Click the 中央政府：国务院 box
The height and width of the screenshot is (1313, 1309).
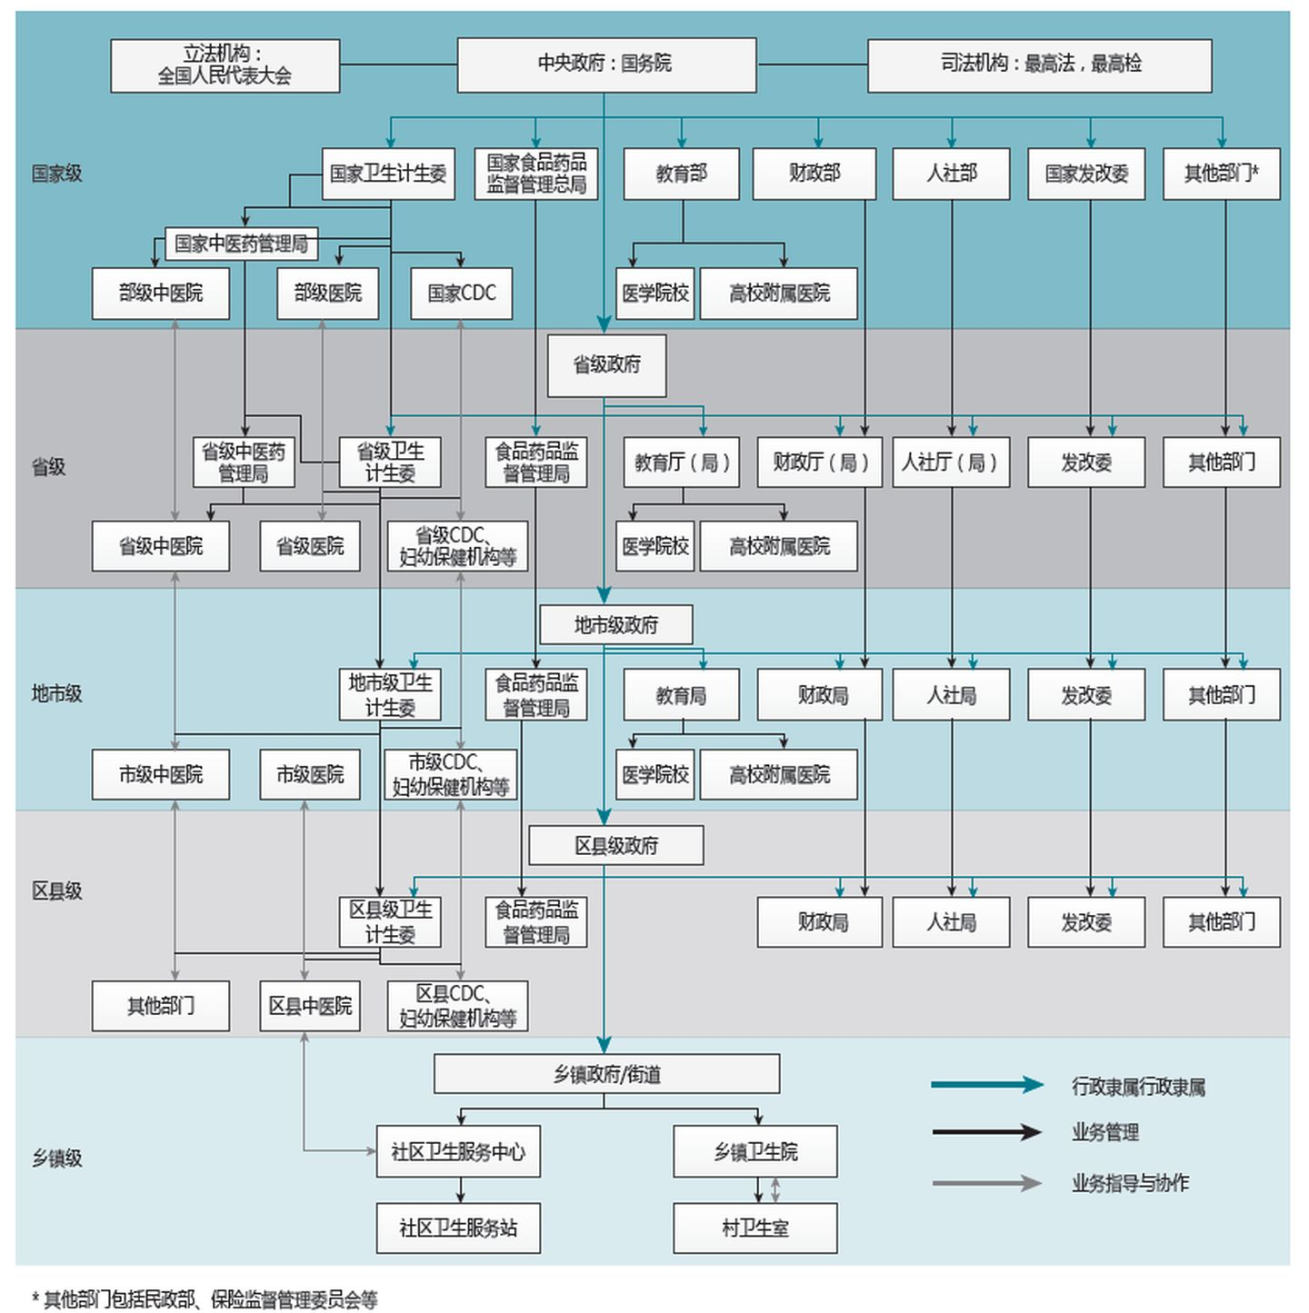(x=606, y=65)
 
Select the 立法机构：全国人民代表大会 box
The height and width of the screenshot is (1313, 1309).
(x=225, y=65)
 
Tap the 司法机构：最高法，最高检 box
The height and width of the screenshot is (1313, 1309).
(x=1039, y=65)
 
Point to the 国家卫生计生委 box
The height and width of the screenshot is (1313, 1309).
(x=388, y=174)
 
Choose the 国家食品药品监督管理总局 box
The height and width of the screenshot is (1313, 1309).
(x=536, y=174)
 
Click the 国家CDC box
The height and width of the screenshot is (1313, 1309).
(x=461, y=293)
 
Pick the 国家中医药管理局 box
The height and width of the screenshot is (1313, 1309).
(x=241, y=244)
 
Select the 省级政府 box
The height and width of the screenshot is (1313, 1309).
(x=606, y=365)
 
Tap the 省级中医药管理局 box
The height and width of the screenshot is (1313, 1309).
(x=244, y=463)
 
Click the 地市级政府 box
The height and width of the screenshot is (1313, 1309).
(x=615, y=625)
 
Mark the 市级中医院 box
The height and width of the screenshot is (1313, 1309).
(x=160, y=774)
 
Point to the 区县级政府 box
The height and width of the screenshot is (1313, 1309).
(x=615, y=846)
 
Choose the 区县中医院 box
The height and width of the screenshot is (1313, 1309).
(x=310, y=1006)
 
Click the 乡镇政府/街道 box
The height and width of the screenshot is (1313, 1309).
(x=606, y=1074)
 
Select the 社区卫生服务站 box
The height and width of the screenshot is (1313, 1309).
(x=458, y=1228)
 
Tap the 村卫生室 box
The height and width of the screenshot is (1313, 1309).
(x=754, y=1228)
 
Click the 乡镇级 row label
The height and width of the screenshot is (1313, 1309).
(x=56, y=1159)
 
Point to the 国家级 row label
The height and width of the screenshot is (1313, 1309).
(x=56, y=174)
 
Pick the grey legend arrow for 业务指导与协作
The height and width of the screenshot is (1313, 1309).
(x=986, y=1183)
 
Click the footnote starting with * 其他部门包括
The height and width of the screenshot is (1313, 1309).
(x=205, y=1299)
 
